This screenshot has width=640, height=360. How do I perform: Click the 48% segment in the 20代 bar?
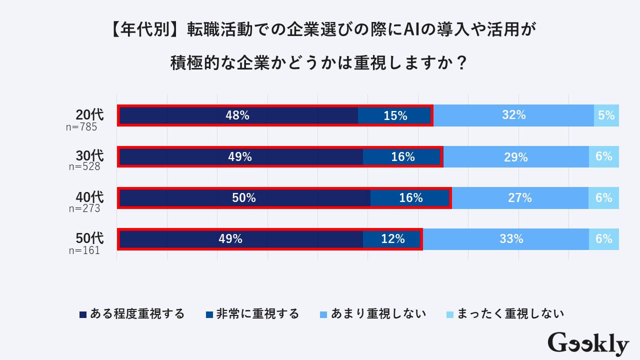(238, 115)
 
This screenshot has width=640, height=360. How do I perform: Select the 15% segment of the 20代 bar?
(395, 115)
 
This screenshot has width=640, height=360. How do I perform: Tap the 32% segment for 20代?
(513, 115)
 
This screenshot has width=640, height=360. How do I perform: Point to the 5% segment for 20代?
(606, 115)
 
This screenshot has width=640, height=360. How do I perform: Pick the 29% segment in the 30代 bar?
(515, 157)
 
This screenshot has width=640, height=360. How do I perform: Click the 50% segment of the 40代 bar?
(244, 198)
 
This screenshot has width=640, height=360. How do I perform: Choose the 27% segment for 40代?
(519, 198)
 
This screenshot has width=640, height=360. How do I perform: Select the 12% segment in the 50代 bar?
(392, 239)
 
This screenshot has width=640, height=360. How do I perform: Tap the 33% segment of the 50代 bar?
(511, 239)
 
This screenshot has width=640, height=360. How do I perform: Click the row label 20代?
(89, 114)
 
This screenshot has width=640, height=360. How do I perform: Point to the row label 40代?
(89, 196)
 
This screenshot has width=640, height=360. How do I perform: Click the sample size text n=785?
(81, 127)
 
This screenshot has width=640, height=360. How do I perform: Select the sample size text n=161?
(84, 250)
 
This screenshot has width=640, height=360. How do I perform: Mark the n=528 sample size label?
(84, 167)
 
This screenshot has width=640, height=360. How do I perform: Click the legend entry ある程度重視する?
(132, 314)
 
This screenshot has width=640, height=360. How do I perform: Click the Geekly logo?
(588, 344)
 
